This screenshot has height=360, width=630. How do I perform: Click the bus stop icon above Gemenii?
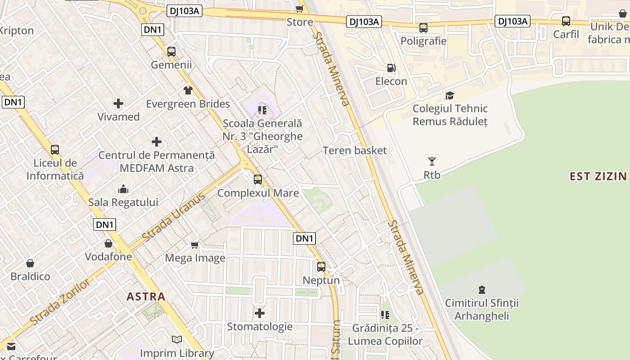pyautogui.click(x=171, y=51)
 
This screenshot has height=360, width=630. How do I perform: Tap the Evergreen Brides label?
pyautogui.click(x=188, y=104)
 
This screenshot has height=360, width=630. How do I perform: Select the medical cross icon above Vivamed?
pyautogui.click(x=118, y=104)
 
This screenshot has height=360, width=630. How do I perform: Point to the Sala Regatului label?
pyautogui.click(x=123, y=202)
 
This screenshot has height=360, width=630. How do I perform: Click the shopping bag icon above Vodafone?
pyautogui.click(x=108, y=243)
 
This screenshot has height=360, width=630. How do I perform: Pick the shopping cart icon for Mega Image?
pyautogui.click(x=195, y=245)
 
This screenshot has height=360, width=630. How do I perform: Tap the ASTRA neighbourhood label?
pyautogui.click(x=146, y=297)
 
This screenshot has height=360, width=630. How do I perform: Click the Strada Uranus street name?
pyautogui.click(x=173, y=217)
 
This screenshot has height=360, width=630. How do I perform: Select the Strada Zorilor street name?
pyautogui.click(x=60, y=302)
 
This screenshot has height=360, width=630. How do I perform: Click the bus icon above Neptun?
pyautogui.click(x=321, y=266)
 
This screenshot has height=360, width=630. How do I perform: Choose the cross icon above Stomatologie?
pyautogui.click(x=260, y=313)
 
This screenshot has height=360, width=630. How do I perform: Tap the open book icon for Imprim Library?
pyautogui.click(x=177, y=340)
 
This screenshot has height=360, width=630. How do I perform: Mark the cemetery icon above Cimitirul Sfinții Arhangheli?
pyautogui.click(x=482, y=289)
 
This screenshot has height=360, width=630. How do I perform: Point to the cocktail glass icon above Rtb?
pyautogui.click(x=432, y=161)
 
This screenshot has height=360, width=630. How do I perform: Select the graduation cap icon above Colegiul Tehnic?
pyautogui.click(x=450, y=95)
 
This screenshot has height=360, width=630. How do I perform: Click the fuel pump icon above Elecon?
pyautogui.click(x=391, y=68)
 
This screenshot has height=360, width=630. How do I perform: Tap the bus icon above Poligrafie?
pyautogui.click(x=423, y=28)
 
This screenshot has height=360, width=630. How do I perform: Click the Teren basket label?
pyautogui.click(x=355, y=150)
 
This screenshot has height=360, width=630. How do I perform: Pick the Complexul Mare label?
pyautogui.click(x=258, y=193)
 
